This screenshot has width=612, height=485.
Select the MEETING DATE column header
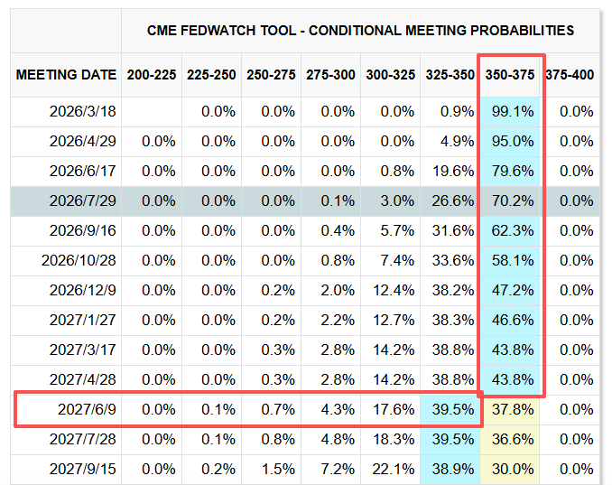click(66, 75)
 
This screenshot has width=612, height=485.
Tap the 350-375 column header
click(510, 75)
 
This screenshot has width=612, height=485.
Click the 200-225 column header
click(152, 75)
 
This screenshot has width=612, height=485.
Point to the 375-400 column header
click(570, 75)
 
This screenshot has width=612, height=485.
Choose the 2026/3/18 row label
click(85, 112)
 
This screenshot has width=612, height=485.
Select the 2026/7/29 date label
click(85, 201)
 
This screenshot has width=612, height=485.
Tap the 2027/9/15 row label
click(85, 470)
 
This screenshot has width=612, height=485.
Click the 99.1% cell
click(512, 112)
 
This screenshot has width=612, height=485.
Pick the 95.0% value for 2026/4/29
click(512, 141)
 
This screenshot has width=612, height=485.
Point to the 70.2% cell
click(512, 201)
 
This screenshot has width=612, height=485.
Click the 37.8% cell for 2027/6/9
click(512, 409)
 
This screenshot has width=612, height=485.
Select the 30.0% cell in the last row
click(512, 470)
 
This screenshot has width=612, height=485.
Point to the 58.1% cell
click(512, 261)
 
